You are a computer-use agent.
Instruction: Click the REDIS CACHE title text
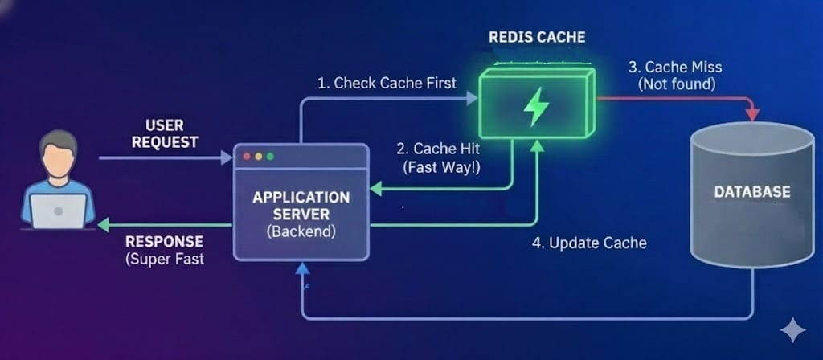(x=537, y=37)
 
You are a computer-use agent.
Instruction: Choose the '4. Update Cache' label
(x=589, y=242)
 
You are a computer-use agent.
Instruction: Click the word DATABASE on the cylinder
(x=752, y=192)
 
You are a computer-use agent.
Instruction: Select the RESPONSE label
(x=164, y=241)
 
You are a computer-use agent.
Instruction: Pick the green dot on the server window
(x=270, y=156)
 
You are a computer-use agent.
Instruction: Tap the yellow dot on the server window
(x=258, y=156)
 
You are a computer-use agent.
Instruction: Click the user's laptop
(x=59, y=211)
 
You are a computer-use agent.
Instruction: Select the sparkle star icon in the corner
(x=792, y=330)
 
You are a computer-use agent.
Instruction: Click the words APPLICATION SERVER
(x=301, y=206)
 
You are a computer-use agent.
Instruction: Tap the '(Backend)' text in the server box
(x=301, y=231)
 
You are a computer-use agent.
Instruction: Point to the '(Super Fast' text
(x=166, y=259)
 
